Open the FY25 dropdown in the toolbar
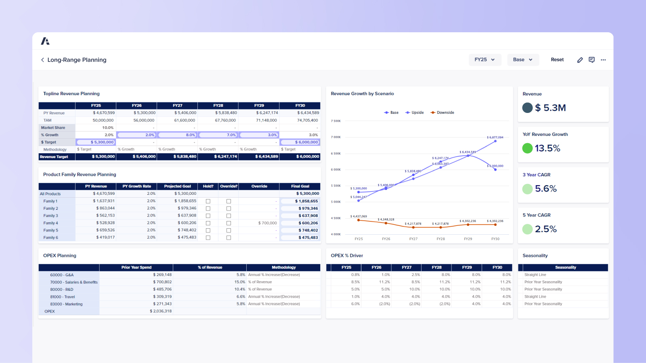tap(484, 60)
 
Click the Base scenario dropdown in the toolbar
tap(523, 60)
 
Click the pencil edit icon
tap(580, 60)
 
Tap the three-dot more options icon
tap(603, 60)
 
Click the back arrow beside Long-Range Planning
tap(42, 60)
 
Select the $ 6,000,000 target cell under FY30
tap(300, 142)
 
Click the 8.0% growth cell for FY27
tap(178, 135)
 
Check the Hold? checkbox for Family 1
tap(208, 201)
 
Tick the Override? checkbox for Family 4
tap(229, 223)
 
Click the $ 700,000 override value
tap(267, 223)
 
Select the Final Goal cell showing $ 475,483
tap(300, 238)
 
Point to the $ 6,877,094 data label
tap(495, 137)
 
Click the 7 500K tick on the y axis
tap(336, 121)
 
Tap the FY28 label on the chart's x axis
tap(440, 239)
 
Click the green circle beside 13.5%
tap(527, 148)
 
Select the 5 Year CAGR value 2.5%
tap(545, 229)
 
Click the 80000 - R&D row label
tap(62, 289)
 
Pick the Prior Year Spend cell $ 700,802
tap(162, 282)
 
